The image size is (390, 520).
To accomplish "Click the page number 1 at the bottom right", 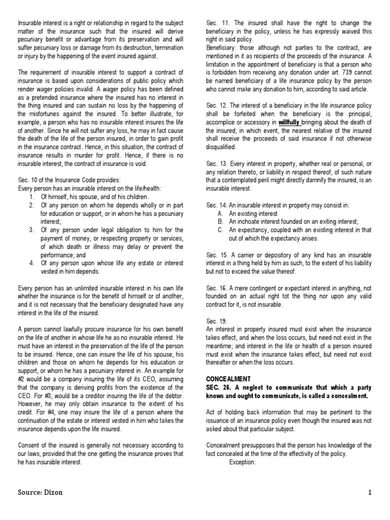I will (x=370, y=493).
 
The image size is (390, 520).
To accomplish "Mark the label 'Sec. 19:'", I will (x=217, y=321).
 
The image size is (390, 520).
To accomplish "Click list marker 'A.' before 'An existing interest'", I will (x=220, y=213).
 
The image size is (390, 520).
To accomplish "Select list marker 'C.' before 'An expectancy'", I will (x=220, y=230).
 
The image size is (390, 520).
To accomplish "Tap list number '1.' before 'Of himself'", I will (x=31, y=197).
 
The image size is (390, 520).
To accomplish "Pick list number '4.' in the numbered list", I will (x=31, y=263).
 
